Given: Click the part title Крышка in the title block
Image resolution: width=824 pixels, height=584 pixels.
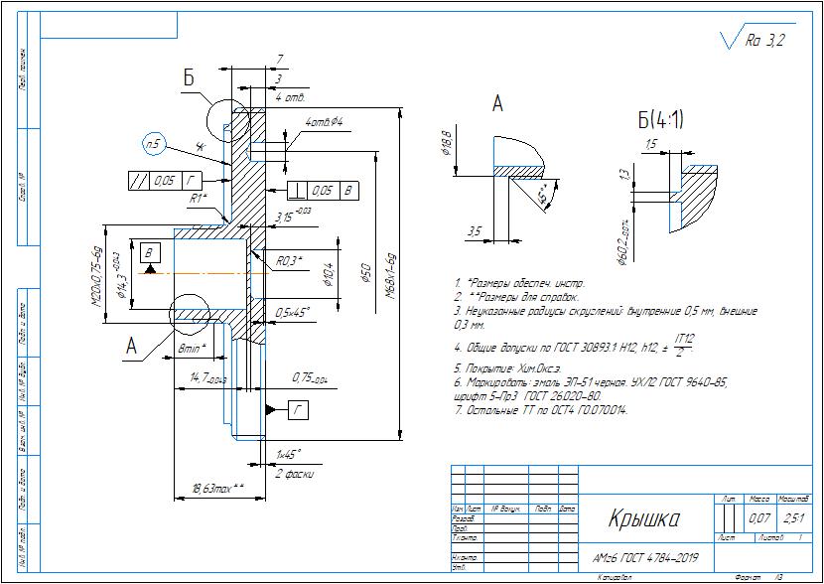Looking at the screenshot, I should [x=642, y=519].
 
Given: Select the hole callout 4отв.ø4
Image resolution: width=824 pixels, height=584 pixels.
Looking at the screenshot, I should [x=324, y=122].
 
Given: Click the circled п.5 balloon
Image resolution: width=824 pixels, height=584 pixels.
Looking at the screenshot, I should [x=153, y=144].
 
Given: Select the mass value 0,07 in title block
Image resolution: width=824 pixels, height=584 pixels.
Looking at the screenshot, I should [x=759, y=518].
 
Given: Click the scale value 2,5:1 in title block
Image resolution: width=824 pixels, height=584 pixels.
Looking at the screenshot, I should [x=793, y=518].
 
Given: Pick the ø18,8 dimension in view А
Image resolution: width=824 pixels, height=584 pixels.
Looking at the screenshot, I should [x=446, y=145].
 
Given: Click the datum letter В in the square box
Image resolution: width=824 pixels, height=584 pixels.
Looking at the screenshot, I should [x=148, y=252].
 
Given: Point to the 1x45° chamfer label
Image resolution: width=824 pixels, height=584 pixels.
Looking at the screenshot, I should [x=288, y=455].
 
